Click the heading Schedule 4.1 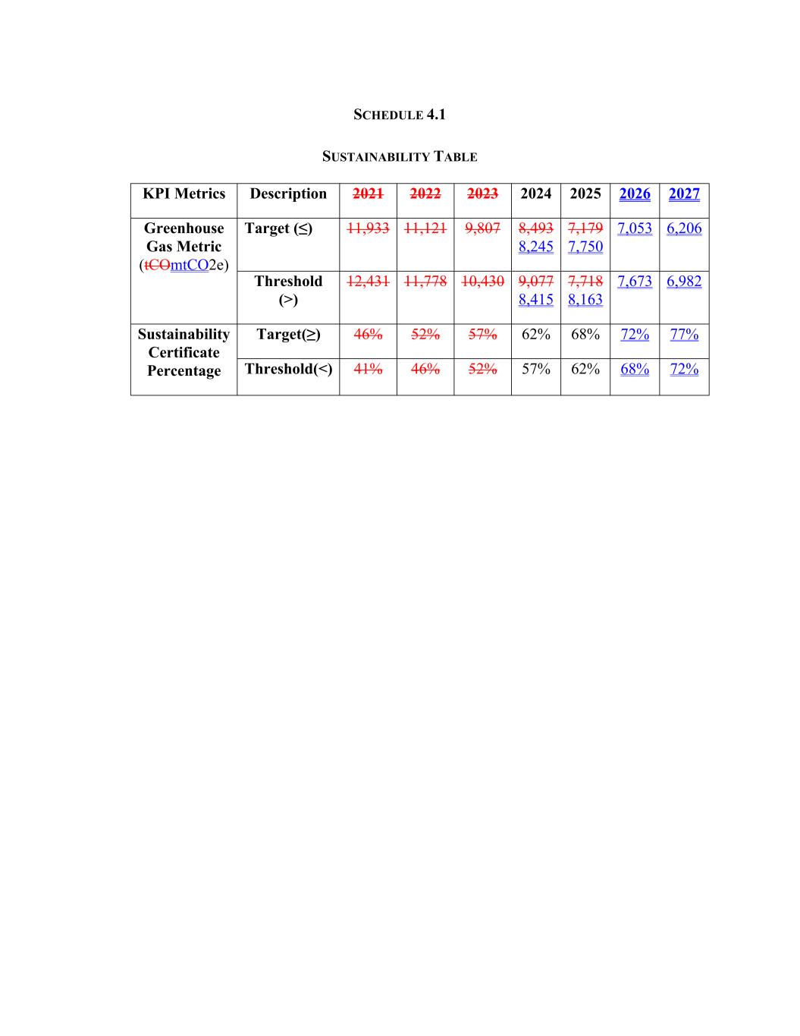coord(400,115)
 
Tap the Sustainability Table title coord(400,157)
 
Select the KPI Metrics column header coord(184,194)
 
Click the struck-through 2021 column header coord(368,194)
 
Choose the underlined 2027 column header coord(684,194)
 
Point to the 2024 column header coord(535,194)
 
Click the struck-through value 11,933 coord(368,228)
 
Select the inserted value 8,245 coord(535,247)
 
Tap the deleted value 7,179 coord(585,228)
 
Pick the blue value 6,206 coord(684,228)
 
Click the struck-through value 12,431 coord(368,282)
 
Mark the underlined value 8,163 coord(585,300)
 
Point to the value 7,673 coord(635,282)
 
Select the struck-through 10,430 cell coord(482,282)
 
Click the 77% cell coord(684,335)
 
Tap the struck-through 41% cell coord(368,369)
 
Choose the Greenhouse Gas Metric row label coord(184,247)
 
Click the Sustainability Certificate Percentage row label coord(184,352)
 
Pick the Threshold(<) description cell coord(288,369)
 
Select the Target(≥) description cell coord(288,335)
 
